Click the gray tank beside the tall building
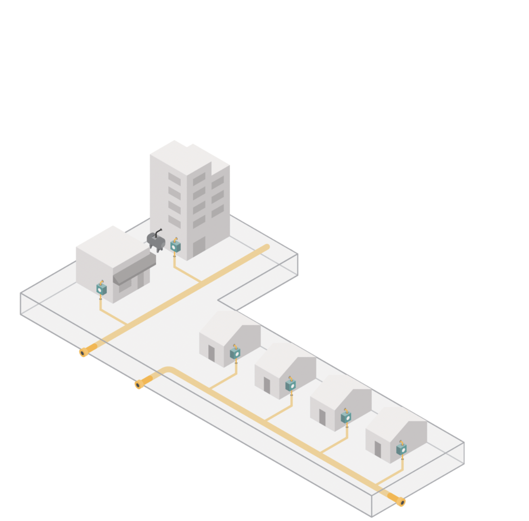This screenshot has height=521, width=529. (x=156, y=241)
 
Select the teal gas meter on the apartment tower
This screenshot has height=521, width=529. (x=175, y=246)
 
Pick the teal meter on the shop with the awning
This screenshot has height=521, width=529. (x=101, y=289)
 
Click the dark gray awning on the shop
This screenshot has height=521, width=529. (x=134, y=268)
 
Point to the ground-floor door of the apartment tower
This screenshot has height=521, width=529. (x=199, y=246)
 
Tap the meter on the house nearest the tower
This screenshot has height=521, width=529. (x=235, y=353)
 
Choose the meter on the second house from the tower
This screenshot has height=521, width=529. (x=291, y=385)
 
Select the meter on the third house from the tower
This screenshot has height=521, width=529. (x=346, y=417)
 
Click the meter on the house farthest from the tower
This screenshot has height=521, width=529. (x=401, y=448)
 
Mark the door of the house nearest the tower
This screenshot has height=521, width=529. (x=211, y=353)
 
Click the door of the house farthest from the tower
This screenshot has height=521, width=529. (x=378, y=449)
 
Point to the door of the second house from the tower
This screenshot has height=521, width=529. (x=267, y=385)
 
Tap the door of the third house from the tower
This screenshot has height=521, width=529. (x=322, y=417)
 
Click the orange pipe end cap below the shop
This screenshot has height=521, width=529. (x=84, y=352)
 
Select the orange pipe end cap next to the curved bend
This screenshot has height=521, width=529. (x=139, y=384)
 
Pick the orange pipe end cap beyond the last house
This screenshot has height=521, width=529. (x=400, y=502)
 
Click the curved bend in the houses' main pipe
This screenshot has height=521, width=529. (x=169, y=370)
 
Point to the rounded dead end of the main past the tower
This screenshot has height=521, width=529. (x=266, y=247)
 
